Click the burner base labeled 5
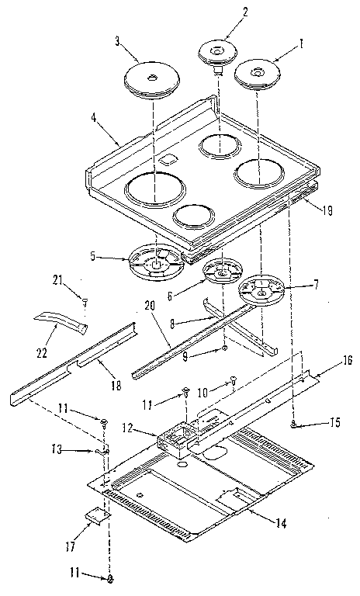156,259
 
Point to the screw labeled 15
294,424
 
